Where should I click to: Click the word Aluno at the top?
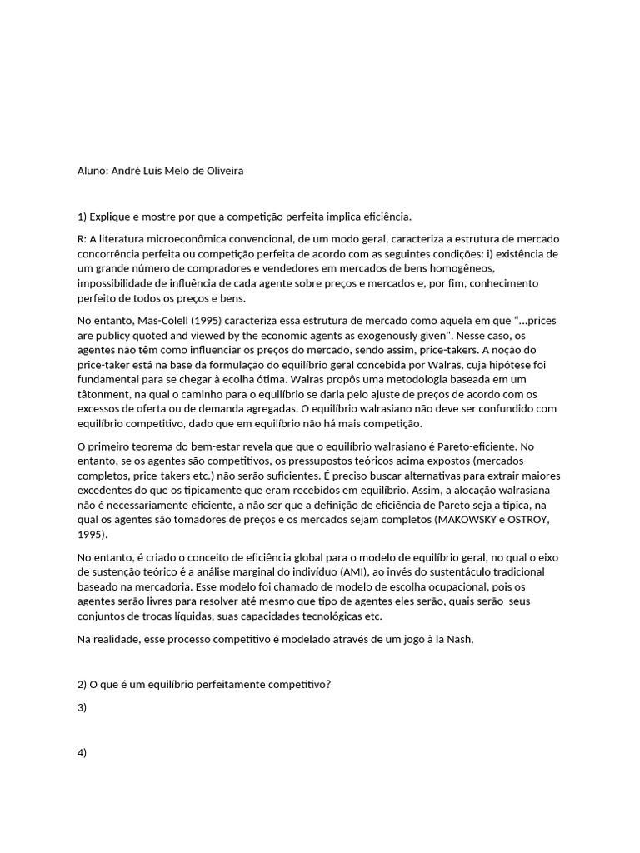click(92, 171)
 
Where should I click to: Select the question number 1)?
click(82, 217)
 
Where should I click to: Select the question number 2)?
click(82, 684)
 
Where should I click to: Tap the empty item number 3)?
click(82, 707)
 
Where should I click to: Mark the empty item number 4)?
click(82, 752)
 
